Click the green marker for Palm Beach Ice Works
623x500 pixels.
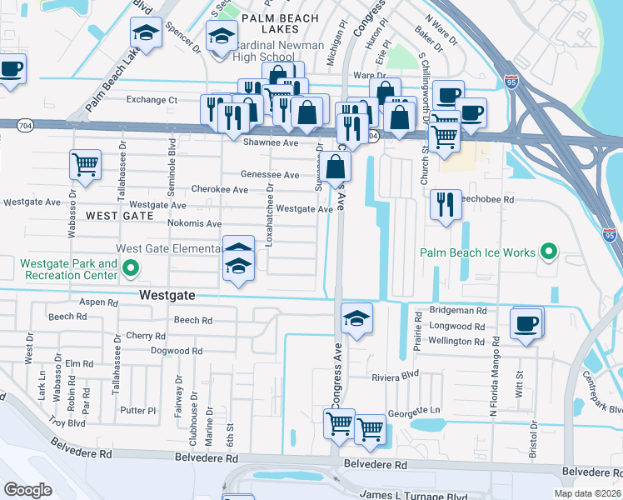pyautogui.click(x=548, y=251)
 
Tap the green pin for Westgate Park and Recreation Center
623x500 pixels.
pyautogui.click(x=130, y=268)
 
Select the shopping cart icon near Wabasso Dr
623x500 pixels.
pyautogui.click(x=86, y=164)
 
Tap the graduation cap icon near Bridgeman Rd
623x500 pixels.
pyautogui.click(x=356, y=318)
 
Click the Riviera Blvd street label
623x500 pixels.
pyautogui.click(x=396, y=376)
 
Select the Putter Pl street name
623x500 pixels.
pyautogui.click(x=137, y=411)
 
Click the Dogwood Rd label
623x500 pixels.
pyautogui.click(x=177, y=351)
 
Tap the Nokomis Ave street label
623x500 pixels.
pyautogui.click(x=194, y=223)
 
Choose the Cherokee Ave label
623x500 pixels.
pyautogui.click(x=220, y=190)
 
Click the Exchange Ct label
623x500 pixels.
pyautogui.click(x=152, y=100)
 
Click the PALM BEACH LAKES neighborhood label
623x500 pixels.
pyautogui.click(x=279, y=25)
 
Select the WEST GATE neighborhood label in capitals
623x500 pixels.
pyautogui.click(x=120, y=216)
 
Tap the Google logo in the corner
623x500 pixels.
pyautogui.click(x=27, y=490)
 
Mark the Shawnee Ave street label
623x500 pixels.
pyautogui.click(x=271, y=142)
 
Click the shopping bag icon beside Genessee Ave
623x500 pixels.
pyautogui.click(x=337, y=167)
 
